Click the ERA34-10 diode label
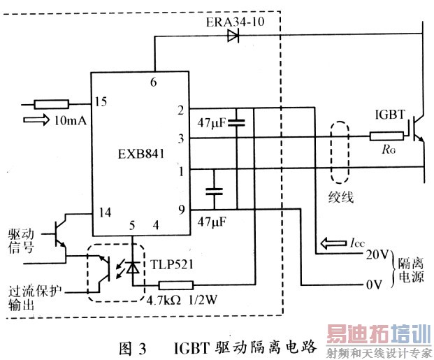[x=236, y=22]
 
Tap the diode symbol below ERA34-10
[x=233, y=36]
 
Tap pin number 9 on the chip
[x=180, y=208]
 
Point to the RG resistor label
[x=382, y=148]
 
